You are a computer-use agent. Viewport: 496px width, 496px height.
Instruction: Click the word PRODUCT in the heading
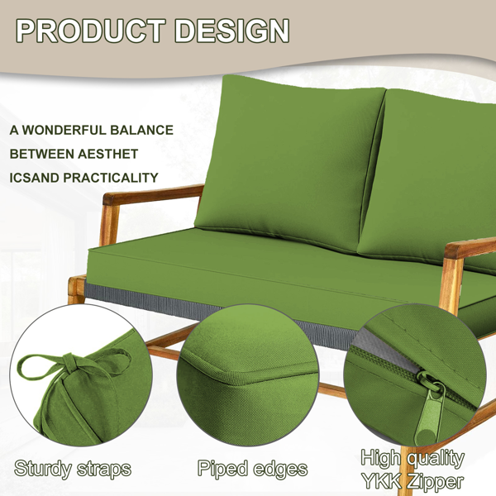point(91,31)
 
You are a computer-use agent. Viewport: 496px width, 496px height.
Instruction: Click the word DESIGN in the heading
point(231,31)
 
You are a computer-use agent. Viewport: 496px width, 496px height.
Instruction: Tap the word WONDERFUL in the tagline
point(64,131)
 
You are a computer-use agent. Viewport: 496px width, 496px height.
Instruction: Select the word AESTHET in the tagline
point(107,154)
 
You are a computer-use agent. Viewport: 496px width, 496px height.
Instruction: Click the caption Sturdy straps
point(73,469)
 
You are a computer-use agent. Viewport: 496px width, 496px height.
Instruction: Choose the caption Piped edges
point(252,468)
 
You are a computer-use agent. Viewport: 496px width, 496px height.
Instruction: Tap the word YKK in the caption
point(381,481)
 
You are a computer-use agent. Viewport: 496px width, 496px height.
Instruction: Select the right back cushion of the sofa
point(428,177)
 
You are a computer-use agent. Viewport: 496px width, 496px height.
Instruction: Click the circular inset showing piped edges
point(247,375)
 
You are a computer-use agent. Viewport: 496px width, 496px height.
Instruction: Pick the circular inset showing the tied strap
point(81,375)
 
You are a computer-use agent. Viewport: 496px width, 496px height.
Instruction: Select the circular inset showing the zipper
point(415,375)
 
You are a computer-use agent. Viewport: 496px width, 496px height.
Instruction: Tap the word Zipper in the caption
point(436,482)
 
